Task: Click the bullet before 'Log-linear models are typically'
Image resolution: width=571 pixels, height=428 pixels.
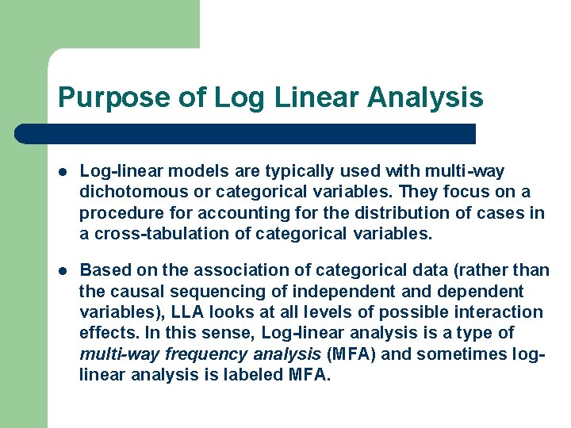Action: [x=63, y=172]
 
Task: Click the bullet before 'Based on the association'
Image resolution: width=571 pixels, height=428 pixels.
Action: [x=63, y=271]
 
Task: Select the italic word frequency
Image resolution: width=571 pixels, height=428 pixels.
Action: [x=202, y=353]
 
